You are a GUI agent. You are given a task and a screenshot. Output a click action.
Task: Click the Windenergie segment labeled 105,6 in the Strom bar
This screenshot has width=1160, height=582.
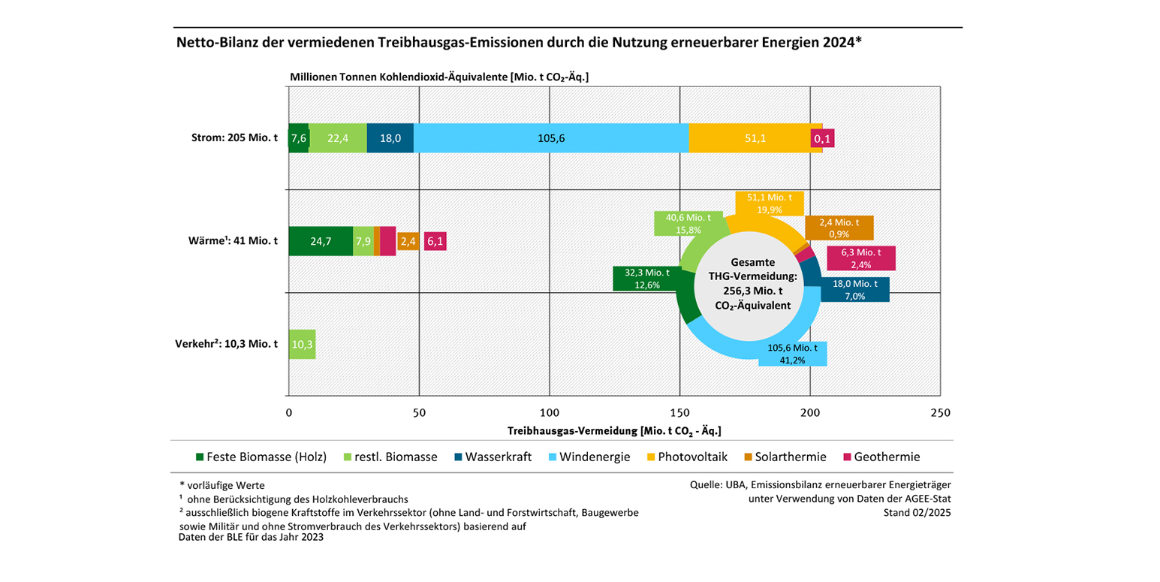pos(551,138)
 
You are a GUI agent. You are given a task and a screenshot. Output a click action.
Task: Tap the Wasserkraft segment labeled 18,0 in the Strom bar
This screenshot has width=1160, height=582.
pos(390,138)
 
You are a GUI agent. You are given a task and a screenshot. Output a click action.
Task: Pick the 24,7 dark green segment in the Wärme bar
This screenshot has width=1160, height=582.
pos(321,241)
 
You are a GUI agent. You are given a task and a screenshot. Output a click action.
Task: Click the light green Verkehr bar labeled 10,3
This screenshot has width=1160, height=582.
pos(302,344)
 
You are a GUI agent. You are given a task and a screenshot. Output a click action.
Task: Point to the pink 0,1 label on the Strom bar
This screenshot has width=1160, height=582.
pos(821,138)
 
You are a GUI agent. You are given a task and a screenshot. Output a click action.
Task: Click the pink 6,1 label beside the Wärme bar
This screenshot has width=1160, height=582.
pos(435,241)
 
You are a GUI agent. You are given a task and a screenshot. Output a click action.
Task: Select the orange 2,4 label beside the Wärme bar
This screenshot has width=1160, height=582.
pos(408,241)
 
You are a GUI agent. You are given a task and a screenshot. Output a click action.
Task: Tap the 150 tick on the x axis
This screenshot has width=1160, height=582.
pos(679,412)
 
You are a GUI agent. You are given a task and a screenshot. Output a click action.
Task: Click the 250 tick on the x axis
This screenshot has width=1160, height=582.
pos(940,412)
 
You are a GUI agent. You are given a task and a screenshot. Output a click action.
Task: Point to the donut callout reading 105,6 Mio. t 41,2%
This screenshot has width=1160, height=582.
pos(792,354)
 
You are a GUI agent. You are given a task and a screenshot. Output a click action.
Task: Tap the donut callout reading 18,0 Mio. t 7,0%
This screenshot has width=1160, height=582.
pos(854,290)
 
